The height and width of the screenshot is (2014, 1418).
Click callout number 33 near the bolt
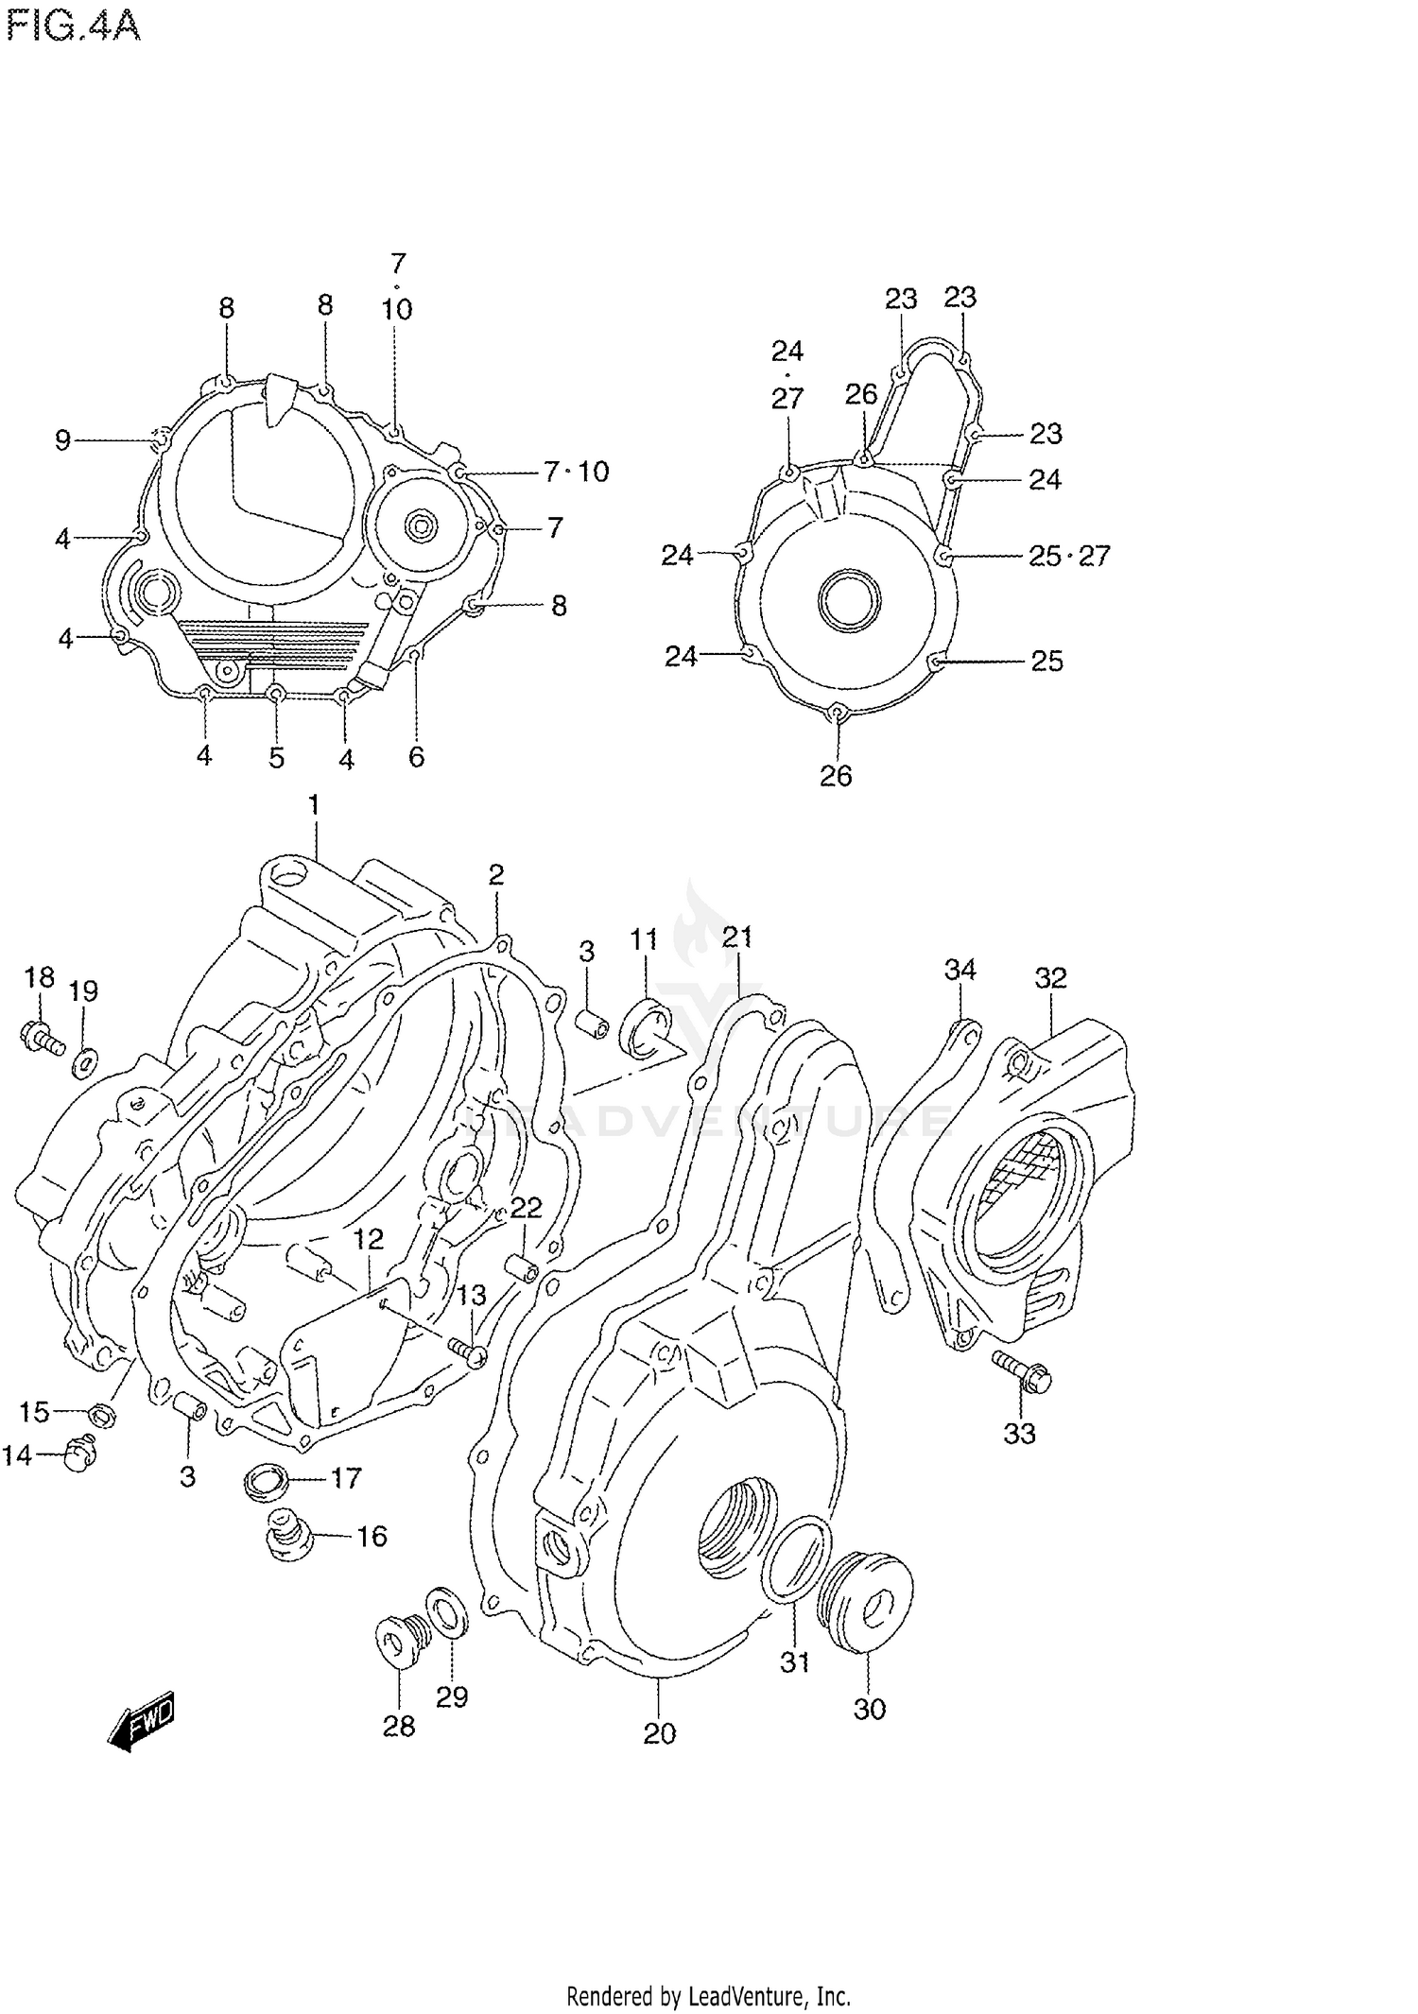click(1019, 1434)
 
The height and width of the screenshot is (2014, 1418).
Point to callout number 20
click(660, 1733)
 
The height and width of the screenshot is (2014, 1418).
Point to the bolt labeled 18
click(40, 1038)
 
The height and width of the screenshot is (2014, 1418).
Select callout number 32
click(1050, 977)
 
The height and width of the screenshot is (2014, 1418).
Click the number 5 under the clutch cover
click(276, 758)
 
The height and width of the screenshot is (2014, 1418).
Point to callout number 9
click(62, 440)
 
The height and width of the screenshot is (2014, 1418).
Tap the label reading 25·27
click(1069, 556)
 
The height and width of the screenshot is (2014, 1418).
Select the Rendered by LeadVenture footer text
click(708, 1996)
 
